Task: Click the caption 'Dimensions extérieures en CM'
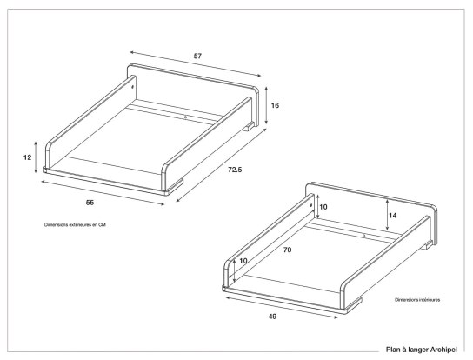coord(80,224)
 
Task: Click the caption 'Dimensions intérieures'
coord(417,299)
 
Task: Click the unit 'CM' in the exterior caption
coord(112,224)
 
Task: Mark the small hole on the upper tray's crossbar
coord(185,115)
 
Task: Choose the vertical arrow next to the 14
coord(386,214)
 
